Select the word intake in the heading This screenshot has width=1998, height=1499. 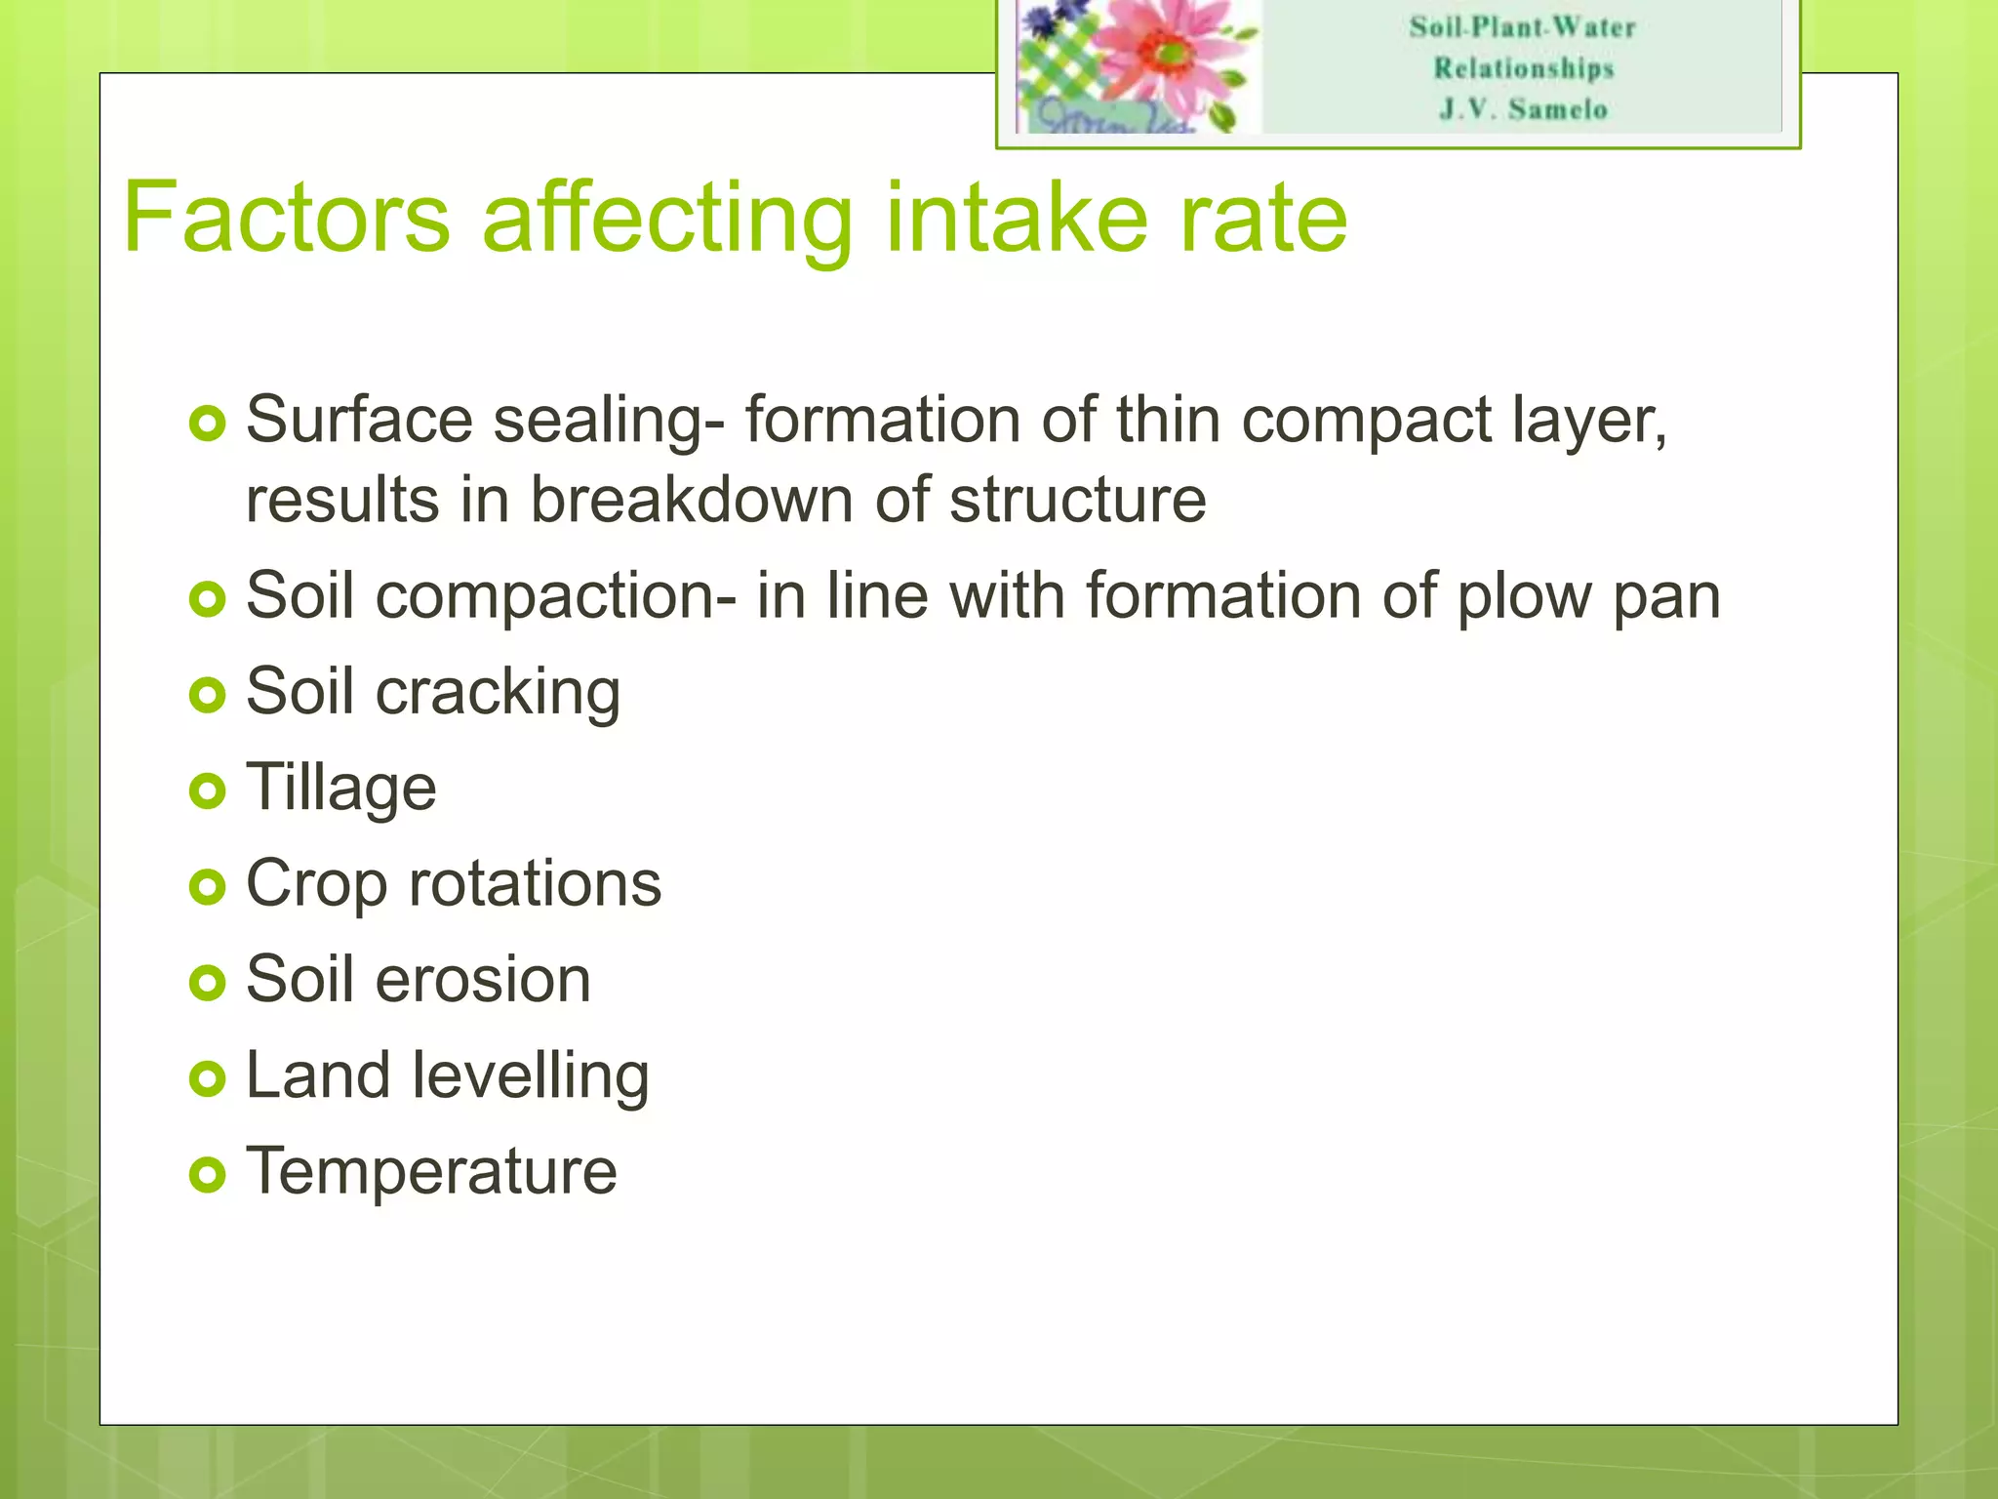click(x=1016, y=217)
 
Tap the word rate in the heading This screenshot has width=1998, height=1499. click(x=1263, y=217)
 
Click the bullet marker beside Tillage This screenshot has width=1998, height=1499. click(x=208, y=790)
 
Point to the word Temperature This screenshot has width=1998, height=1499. click(x=431, y=1170)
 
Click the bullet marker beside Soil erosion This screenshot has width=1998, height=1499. click(x=208, y=982)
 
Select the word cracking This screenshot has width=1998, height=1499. click(x=498, y=693)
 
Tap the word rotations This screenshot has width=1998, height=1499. click(x=535, y=883)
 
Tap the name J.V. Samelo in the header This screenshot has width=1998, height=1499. click(x=1523, y=109)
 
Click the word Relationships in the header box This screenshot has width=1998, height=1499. click(x=1523, y=68)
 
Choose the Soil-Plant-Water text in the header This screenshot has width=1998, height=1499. click(x=1523, y=27)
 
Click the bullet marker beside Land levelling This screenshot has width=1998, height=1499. click(x=208, y=1078)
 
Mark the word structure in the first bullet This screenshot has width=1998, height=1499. click(x=1077, y=501)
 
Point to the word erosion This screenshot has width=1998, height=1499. click(x=483, y=980)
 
